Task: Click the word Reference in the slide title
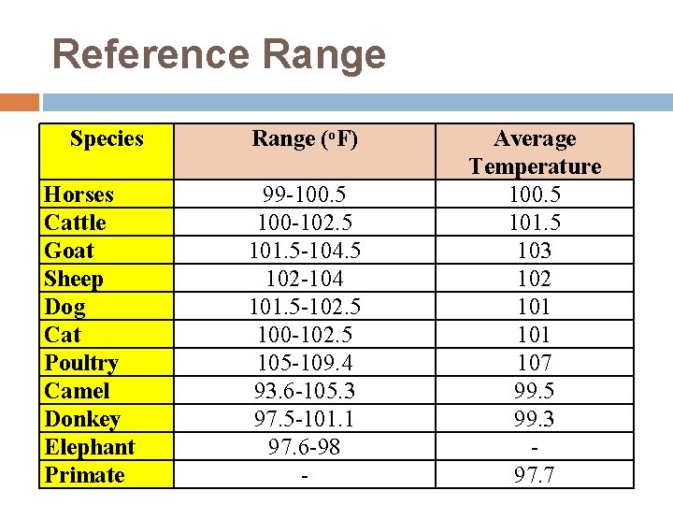pyautogui.click(x=152, y=54)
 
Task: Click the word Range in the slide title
pyautogui.click(x=324, y=54)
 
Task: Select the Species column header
pyautogui.click(x=107, y=139)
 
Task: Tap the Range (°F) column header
pyautogui.click(x=305, y=139)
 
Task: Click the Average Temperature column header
pyautogui.click(x=535, y=152)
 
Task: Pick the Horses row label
pyautogui.click(x=79, y=195)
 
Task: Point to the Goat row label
pyautogui.click(x=69, y=251)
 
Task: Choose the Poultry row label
pyautogui.click(x=81, y=363)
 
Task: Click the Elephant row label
pyautogui.click(x=90, y=447)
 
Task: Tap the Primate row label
pyautogui.click(x=84, y=475)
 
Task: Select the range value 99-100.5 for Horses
pyautogui.click(x=305, y=195)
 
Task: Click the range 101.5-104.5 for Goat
pyautogui.click(x=305, y=251)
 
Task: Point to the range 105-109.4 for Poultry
pyautogui.click(x=305, y=363)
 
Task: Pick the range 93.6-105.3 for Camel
pyautogui.click(x=305, y=391)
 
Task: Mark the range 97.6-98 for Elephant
pyautogui.click(x=305, y=447)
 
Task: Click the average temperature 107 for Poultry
pyautogui.click(x=535, y=363)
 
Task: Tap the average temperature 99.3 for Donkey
pyautogui.click(x=535, y=419)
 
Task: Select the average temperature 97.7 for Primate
pyautogui.click(x=535, y=475)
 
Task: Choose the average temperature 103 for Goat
pyautogui.click(x=535, y=251)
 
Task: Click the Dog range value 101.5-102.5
pyautogui.click(x=305, y=307)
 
